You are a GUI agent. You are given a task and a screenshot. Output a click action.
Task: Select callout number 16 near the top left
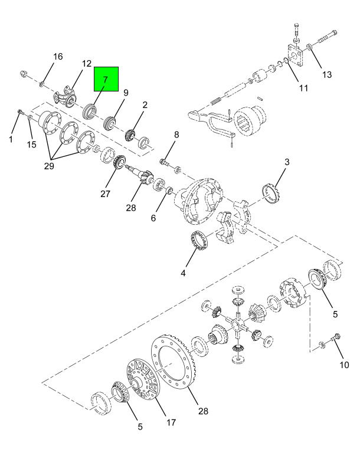[x=57, y=57]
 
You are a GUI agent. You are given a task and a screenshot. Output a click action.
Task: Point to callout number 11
[x=303, y=89]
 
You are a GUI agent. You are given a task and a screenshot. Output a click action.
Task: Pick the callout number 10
[x=343, y=365]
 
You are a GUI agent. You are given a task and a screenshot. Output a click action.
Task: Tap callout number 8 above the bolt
[x=175, y=135]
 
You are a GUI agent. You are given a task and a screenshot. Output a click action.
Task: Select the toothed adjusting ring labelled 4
[x=201, y=240]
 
